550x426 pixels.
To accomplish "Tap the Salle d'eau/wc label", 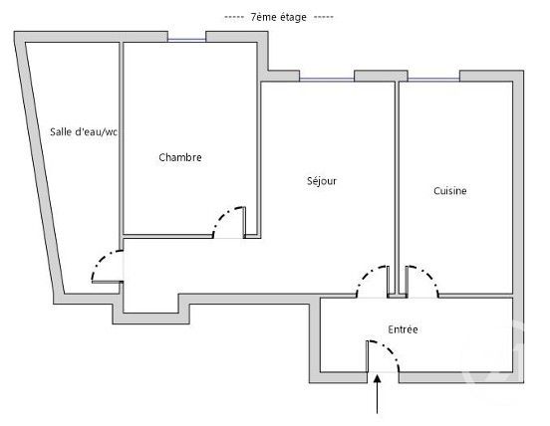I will (x=85, y=132).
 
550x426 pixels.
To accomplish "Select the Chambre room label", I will (x=180, y=157).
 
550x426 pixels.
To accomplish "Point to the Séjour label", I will (x=321, y=181).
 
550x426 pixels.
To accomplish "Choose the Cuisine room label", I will (x=450, y=191).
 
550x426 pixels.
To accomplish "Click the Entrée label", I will (x=403, y=329).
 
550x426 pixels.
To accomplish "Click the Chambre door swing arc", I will (x=229, y=220).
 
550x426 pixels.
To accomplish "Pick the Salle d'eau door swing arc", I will (x=103, y=264).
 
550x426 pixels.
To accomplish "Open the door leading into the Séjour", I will (x=374, y=280).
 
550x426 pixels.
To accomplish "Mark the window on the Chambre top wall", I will (x=186, y=39).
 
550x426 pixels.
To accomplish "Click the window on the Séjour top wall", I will (x=326, y=79).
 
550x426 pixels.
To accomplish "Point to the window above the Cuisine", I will (x=432, y=79).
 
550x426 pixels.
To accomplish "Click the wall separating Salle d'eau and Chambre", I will (x=121, y=139).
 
